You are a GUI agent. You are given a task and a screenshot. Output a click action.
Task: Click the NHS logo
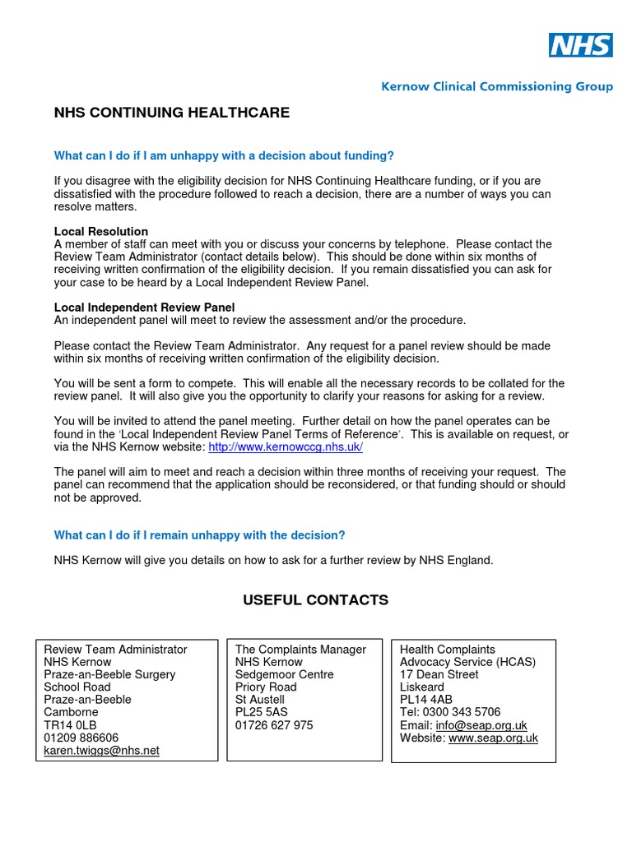point(581,45)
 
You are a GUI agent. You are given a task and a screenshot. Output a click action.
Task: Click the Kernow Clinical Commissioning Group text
point(497,86)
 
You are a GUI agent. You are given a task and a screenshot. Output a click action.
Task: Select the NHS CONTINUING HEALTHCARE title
point(171,113)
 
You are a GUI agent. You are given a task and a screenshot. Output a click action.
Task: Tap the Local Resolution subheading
point(101,232)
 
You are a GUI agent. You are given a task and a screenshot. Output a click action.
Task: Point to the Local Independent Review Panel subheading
point(144,308)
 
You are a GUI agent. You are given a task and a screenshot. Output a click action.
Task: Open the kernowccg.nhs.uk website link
point(286,446)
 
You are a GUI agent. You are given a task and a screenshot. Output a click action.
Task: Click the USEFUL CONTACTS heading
point(315,600)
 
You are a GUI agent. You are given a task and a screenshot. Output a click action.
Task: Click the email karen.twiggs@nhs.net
point(101,751)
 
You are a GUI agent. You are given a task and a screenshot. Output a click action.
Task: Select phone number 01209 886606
point(81,738)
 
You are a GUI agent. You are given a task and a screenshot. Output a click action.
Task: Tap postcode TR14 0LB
point(70,725)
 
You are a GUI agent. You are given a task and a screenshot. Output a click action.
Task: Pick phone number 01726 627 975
point(274,725)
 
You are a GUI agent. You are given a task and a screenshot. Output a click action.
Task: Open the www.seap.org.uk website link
point(493,738)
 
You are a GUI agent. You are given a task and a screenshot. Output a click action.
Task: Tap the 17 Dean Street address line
point(439,674)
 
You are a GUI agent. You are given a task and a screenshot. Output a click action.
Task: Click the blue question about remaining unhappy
point(200,535)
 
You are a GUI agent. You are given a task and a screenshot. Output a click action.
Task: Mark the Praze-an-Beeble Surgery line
point(109,674)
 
